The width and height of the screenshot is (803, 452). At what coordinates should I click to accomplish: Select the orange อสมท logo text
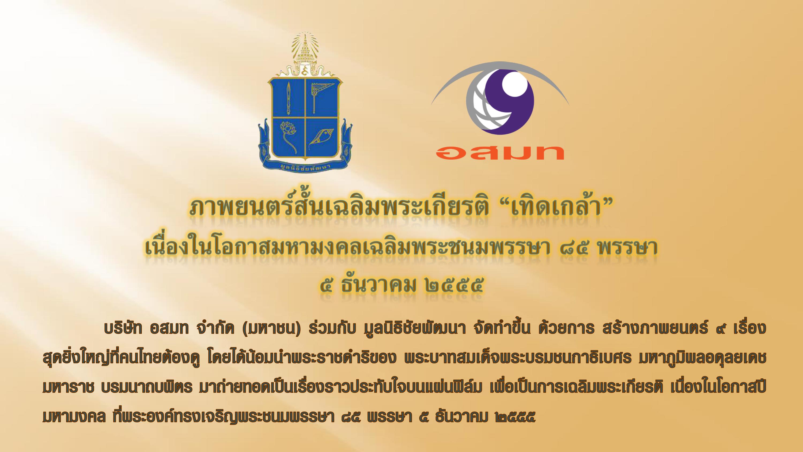[499, 153]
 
